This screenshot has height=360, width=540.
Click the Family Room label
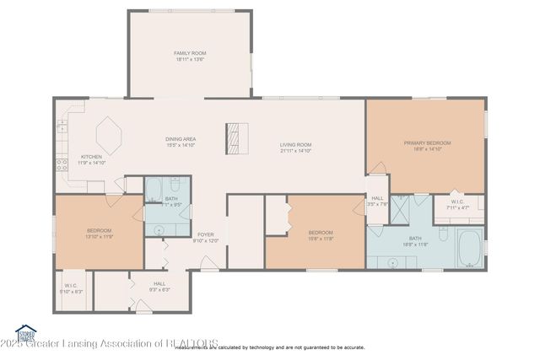pyautogui.click(x=190, y=56)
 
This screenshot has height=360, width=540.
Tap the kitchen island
pyautogui.click(x=109, y=135)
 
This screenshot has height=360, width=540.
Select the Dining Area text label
pyautogui.click(x=180, y=142)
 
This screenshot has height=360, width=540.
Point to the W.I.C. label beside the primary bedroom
pyautogui.click(x=456, y=204)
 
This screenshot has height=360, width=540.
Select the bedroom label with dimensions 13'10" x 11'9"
pyautogui.click(x=99, y=234)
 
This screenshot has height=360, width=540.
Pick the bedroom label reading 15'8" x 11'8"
pyautogui.click(x=320, y=235)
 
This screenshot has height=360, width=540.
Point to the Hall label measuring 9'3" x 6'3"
pyautogui.click(x=159, y=286)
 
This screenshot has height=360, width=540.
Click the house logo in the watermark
pyautogui.click(x=26, y=331)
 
